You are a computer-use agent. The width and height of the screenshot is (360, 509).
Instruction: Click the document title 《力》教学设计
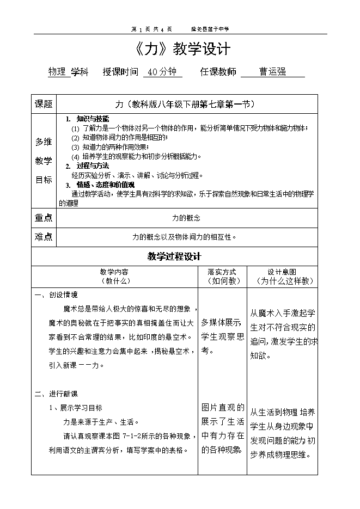[x=182, y=50]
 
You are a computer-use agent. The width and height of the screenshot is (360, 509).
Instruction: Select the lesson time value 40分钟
[x=162, y=72]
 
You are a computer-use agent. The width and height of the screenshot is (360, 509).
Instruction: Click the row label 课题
[x=44, y=104]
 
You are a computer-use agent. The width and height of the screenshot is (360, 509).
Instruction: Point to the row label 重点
[x=44, y=218]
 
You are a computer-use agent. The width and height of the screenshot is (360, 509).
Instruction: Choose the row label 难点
[x=44, y=237]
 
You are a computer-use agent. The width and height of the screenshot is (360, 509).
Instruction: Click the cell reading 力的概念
[x=186, y=218]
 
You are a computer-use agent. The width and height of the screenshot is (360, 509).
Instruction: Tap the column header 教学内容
[x=114, y=272]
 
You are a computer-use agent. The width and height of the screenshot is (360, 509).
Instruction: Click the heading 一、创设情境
[x=56, y=295]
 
